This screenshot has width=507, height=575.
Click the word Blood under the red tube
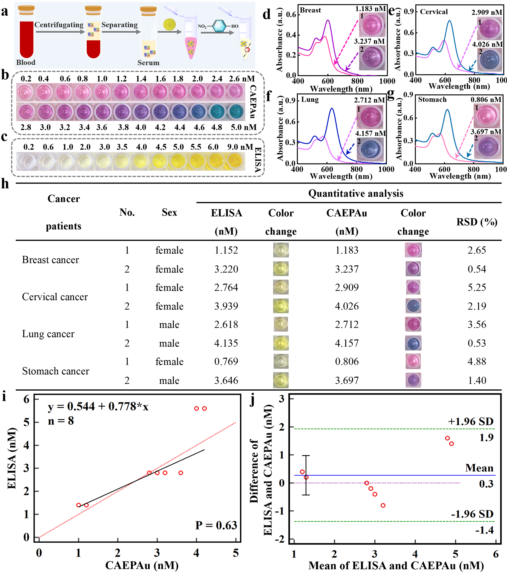point(26,63)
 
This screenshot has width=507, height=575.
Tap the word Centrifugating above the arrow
point(59,25)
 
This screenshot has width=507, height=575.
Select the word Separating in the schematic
point(119,25)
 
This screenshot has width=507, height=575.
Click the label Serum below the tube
point(148,63)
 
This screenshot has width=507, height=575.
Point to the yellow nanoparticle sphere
point(169,24)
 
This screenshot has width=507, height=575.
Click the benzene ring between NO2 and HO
point(219,26)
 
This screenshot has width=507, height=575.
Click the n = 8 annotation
point(61,421)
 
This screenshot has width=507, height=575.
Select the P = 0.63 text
point(216,525)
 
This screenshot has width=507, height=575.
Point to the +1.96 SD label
point(470,421)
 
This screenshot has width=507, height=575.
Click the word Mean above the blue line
point(479,468)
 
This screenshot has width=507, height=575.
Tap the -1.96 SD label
point(472,514)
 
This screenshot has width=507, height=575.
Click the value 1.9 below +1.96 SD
point(486,437)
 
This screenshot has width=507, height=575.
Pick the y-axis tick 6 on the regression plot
point(27,399)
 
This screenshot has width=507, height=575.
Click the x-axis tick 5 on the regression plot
point(236,553)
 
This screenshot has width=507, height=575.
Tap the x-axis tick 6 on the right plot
point(496,554)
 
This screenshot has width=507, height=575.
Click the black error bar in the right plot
point(306,475)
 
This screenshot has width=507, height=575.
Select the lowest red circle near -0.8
point(383,505)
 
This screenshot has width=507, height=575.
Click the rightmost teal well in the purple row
point(236,112)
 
